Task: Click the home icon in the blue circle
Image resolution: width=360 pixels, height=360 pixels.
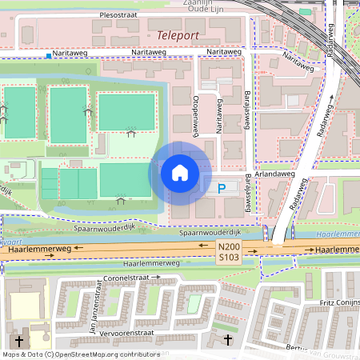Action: [x=180, y=173]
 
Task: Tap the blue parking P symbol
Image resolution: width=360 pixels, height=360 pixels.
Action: [x=221, y=189]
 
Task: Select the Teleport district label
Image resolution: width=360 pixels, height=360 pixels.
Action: [x=178, y=36]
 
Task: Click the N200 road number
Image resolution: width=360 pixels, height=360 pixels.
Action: [x=228, y=249]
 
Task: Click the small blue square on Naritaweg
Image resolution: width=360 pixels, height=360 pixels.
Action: [x=49, y=56]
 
